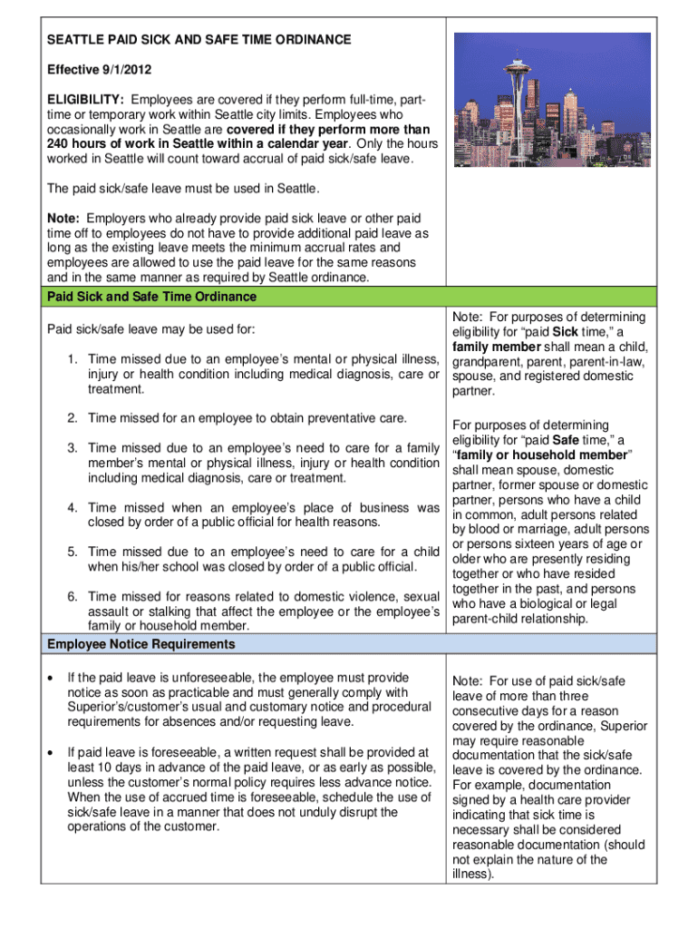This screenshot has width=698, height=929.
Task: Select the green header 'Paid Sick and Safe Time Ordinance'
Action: (x=151, y=297)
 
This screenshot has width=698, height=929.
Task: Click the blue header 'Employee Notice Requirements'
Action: (x=141, y=644)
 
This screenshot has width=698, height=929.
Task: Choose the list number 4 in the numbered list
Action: (x=71, y=508)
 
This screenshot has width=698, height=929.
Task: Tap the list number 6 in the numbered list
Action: (x=71, y=596)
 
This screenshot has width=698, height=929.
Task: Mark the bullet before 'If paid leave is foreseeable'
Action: (x=57, y=753)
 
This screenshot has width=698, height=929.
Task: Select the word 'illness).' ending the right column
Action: (x=477, y=875)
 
